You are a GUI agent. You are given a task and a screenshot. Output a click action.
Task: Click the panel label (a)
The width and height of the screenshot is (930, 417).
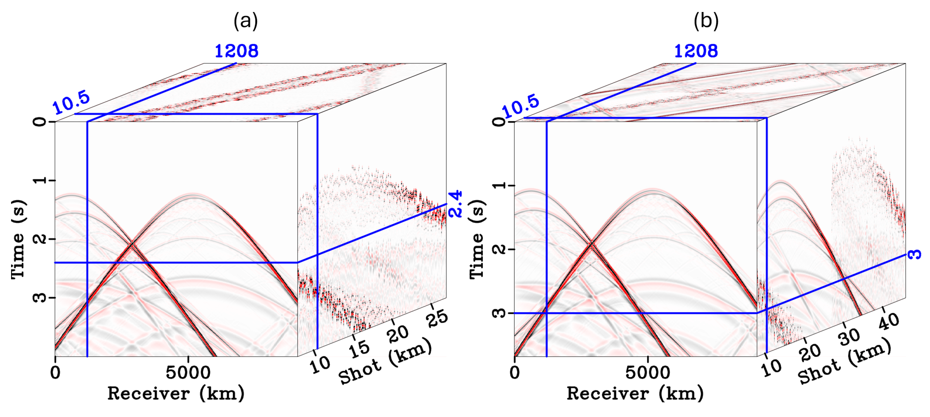[245, 21]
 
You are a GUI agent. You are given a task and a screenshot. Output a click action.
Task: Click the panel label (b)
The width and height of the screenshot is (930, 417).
[706, 21]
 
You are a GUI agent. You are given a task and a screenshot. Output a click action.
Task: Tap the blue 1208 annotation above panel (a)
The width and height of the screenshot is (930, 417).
[236, 51]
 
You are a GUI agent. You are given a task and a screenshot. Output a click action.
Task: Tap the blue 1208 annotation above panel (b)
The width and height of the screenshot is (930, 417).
[696, 51]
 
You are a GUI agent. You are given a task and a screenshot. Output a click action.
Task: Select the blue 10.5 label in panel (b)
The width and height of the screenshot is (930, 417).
[521, 107]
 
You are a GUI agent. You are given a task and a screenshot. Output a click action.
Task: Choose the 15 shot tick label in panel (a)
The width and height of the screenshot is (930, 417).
[359, 349]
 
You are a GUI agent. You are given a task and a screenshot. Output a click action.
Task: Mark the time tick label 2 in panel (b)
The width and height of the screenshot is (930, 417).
[499, 249]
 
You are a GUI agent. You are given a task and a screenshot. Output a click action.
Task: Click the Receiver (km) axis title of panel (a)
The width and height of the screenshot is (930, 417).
[176, 393]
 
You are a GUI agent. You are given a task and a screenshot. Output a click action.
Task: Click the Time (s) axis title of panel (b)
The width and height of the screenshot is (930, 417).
[477, 239]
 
